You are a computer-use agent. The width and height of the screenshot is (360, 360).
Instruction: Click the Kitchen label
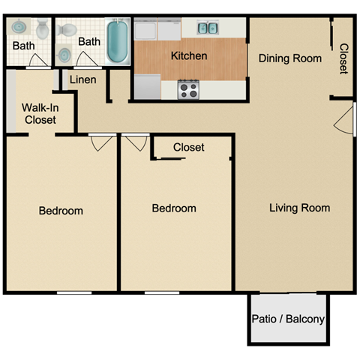tap(189, 56)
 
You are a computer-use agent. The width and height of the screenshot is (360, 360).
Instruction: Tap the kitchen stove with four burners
tap(188, 90)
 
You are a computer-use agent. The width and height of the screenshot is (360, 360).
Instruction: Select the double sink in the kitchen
tap(207, 28)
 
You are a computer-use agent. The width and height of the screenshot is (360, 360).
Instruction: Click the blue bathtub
tap(117, 42)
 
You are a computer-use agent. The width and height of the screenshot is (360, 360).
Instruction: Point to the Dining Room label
tap(290, 58)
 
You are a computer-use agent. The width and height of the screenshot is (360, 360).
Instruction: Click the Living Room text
tap(299, 208)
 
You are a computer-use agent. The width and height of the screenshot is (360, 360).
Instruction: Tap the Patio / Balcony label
tap(288, 319)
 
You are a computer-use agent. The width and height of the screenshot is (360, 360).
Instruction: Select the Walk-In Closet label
tap(40, 113)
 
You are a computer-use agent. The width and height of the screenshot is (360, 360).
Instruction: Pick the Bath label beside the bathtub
tap(89, 41)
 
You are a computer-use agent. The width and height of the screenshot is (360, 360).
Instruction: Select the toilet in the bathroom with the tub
tap(67, 30)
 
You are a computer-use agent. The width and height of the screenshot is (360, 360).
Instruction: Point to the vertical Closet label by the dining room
tap(343, 58)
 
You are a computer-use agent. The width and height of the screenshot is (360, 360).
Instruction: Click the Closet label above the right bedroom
tap(188, 148)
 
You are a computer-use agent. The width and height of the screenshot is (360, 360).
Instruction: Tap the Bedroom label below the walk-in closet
tap(61, 211)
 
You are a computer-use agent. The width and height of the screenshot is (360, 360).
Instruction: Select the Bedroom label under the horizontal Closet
tap(174, 208)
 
